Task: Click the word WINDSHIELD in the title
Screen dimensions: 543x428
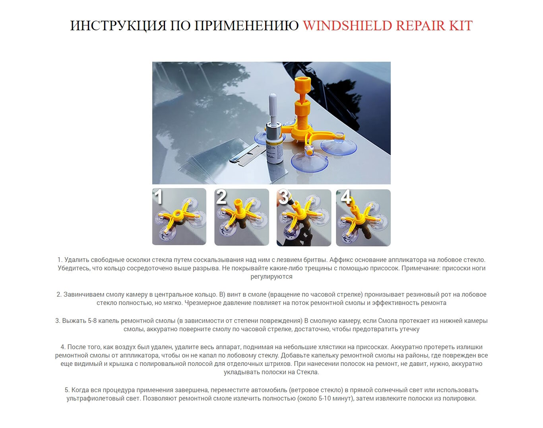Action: click(x=347, y=25)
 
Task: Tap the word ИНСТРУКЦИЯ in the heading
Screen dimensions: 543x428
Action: click(x=118, y=26)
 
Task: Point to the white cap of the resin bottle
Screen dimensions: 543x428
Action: click(x=273, y=105)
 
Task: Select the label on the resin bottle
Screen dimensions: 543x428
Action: click(x=275, y=152)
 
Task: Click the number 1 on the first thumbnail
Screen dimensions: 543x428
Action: click(x=158, y=197)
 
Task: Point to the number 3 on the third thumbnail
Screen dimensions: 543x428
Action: click(x=283, y=197)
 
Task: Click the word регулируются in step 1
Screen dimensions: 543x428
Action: click(x=271, y=277)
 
